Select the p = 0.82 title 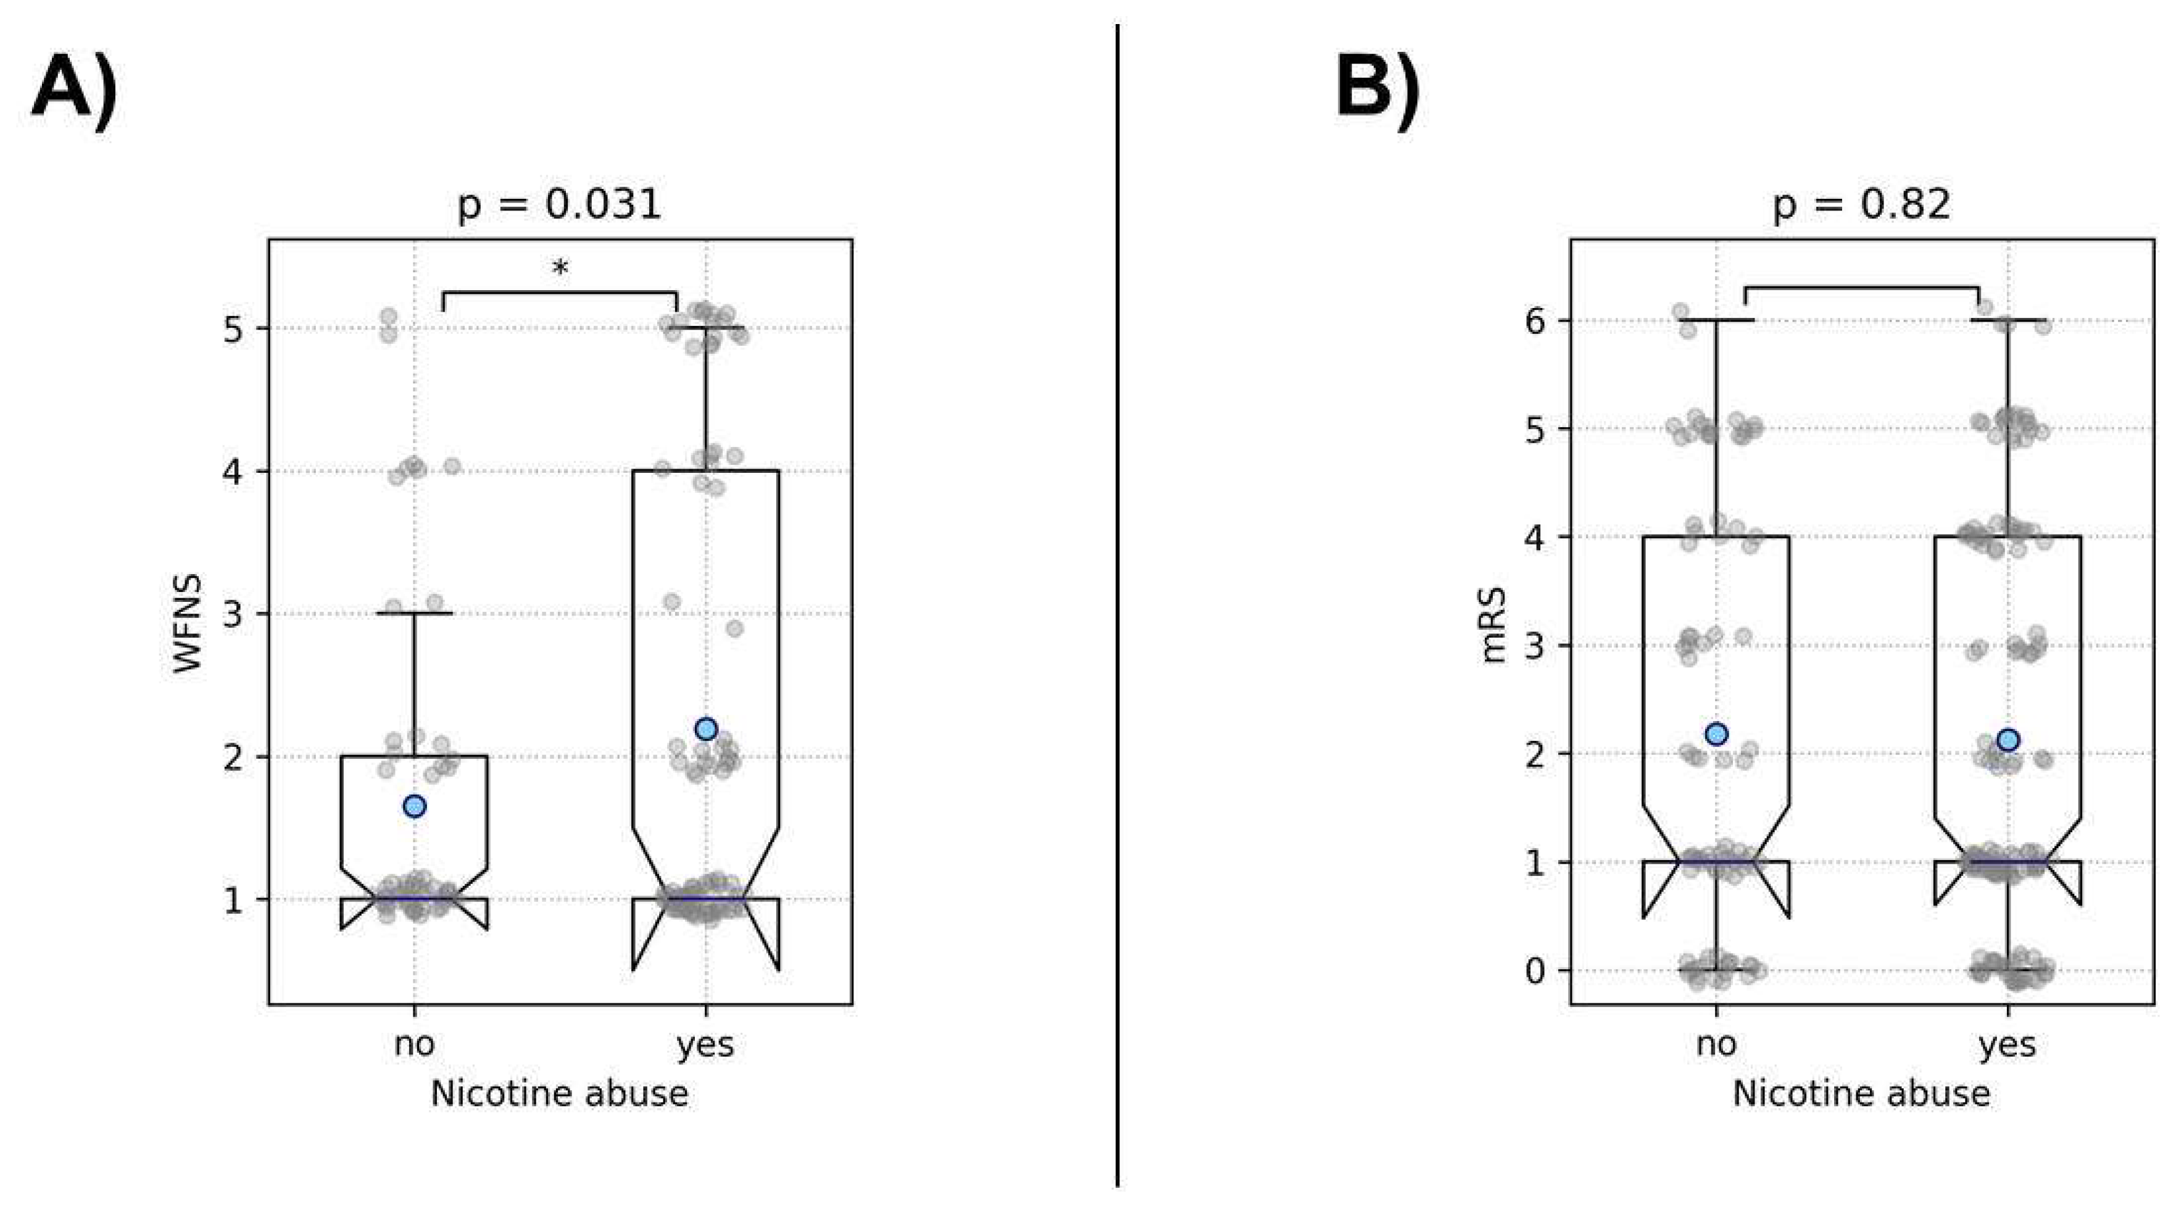1862,205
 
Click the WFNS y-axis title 188,624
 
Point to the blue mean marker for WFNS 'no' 415,806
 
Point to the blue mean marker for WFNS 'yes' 705,728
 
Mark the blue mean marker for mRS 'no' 1716,733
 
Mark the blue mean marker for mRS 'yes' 2008,740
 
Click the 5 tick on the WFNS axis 235,329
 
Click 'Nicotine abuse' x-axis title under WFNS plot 560,1093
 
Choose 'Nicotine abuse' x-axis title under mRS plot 1862,1093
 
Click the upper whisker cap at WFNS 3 415,612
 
